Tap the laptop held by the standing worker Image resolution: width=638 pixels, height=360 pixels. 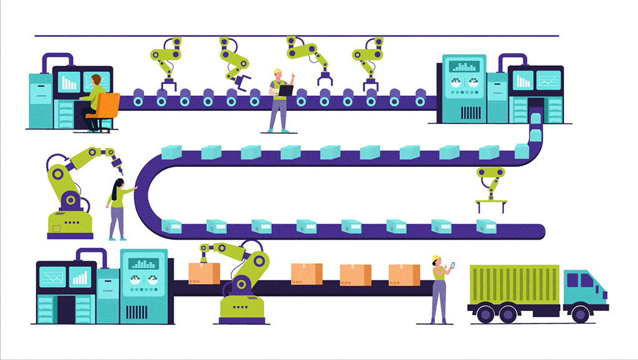click(285, 90)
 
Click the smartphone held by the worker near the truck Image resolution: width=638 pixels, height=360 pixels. click(453, 265)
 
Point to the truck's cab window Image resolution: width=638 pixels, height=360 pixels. click(588, 280)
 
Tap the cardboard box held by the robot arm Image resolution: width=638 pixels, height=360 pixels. click(204, 273)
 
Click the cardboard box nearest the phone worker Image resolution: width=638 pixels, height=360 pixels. click(404, 275)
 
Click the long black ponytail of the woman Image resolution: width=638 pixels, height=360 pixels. click(113, 191)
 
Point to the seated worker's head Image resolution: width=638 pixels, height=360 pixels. click(95, 80)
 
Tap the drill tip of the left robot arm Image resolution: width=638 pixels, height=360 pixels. click(120, 169)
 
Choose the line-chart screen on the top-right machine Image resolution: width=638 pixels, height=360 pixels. click(549, 80)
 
